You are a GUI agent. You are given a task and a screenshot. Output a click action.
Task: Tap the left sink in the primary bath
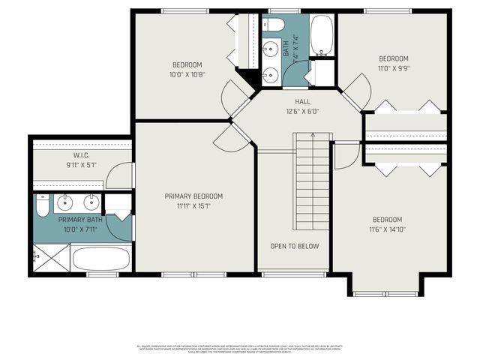click(66, 202)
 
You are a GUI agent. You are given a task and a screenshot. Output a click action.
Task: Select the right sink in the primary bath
click(92, 202)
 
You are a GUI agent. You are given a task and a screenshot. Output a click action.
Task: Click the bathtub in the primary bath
click(101, 259)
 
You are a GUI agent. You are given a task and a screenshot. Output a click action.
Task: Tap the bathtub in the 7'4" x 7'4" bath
click(322, 34)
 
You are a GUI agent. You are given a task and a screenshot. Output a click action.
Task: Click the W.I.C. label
click(82, 155)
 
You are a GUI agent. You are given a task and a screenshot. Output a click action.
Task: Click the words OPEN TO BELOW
click(294, 246)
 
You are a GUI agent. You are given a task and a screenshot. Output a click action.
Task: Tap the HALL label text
click(302, 101)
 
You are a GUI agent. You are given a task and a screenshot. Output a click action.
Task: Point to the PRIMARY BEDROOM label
click(193, 196)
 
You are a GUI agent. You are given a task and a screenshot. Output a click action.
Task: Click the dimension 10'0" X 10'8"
click(187, 74)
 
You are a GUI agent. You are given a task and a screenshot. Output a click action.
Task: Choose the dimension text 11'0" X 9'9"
click(393, 68)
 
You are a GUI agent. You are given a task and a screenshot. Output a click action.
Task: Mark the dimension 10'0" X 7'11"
click(79, 229)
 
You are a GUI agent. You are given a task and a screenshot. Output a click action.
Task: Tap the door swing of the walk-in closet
click(118, 176)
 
